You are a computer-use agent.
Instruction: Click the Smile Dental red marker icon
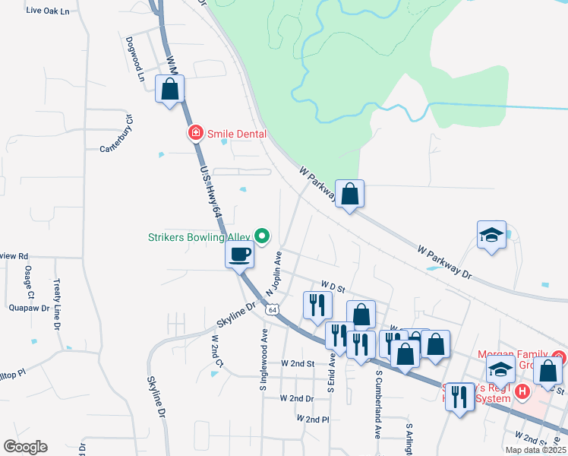coord(195,133)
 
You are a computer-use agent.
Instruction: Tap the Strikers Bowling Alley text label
coord(199,237)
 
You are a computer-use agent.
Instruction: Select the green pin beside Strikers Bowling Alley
coord(263,237)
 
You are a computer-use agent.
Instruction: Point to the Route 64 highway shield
coord(271,309)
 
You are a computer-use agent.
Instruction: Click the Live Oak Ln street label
coord(47,11)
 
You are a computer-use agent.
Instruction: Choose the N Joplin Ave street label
coord(273,274)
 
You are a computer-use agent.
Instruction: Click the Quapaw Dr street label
coord(30,309)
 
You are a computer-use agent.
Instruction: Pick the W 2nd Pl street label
coord(313,419)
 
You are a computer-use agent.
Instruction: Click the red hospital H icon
coord(522,392)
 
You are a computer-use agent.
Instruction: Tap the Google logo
coord(25,447)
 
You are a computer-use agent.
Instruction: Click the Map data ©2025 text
coord(535,450)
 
